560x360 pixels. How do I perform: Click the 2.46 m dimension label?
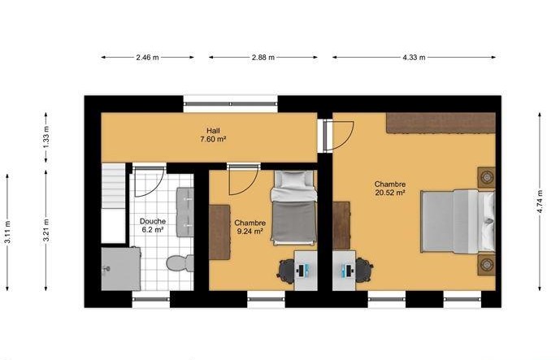[x=147, y=57]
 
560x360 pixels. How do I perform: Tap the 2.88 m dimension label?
[x=263, y=57]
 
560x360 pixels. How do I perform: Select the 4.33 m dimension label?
[x=414, y=57]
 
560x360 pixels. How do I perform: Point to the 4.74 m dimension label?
[x=540, y=202]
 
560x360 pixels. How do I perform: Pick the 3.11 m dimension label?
[x=7, y=232]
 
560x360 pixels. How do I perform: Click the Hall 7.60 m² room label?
[x=213, y=135]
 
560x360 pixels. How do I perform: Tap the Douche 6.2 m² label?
[x=153, y=226]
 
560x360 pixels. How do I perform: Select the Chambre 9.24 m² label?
[x=250, y=228]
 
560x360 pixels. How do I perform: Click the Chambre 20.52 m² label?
[x=390, y=189]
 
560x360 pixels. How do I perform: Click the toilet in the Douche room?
[x=180, y=263]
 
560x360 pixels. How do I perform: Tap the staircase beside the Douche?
[x=114, y=203]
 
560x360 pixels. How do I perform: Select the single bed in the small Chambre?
[x=294, y=208]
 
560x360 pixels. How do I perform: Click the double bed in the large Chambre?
[x=458, y=221]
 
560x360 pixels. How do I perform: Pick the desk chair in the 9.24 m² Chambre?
[x=285, y=270]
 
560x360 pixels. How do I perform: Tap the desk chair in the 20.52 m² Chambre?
[x=364, y=270]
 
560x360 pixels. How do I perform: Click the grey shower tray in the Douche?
[x=121, y=269]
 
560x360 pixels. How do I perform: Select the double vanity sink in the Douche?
[x=185, y=212]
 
